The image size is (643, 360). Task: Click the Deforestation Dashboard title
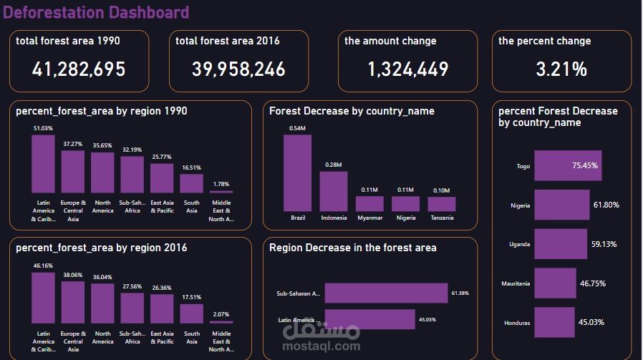pyautogui.click(x=96, y=12)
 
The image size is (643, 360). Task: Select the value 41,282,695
pyautogui.click(x=79, y=69)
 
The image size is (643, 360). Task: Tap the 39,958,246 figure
pyautogui.click(x=238, y=69)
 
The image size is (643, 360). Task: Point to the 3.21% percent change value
pyautogui.click(x=561, y=69)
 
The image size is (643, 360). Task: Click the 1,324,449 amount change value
pyautogui.click(x=408, y=69)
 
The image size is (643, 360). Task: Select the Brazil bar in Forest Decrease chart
pyautogui.click(x=297, y=173)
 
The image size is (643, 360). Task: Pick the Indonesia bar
pyautogui.click(x=334, y=192)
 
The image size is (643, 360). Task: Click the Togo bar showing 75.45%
pyautogui.click(x=568, y=165)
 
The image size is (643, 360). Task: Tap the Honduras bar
pyautogui.click(x=554, y=323)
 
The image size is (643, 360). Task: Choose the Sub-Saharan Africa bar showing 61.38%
pyautogui.click(x=386, y=293)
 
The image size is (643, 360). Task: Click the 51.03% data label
pyautogui.click(x=43, y=128)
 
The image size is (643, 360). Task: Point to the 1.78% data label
pyautogui.click(x=221, y=184)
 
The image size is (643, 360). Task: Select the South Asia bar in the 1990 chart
pyautogui.click(x=191, y=183)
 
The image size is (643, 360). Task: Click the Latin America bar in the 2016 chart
pyautogui.click(x=43, y=298)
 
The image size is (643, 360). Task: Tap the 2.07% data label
pyautogui.click(x=221, y=314)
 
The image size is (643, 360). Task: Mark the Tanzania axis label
pyautogui.click(x=442, y=218)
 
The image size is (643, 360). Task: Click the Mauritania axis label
pyautogui.click(x=516, y=283)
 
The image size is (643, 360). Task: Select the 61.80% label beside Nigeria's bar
pyautogui.click(x=606, y=205)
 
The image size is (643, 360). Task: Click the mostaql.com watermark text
pyautogui.click(x=321, y=346)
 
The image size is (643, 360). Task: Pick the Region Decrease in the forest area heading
pyautogui.click(x=353, y=248)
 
